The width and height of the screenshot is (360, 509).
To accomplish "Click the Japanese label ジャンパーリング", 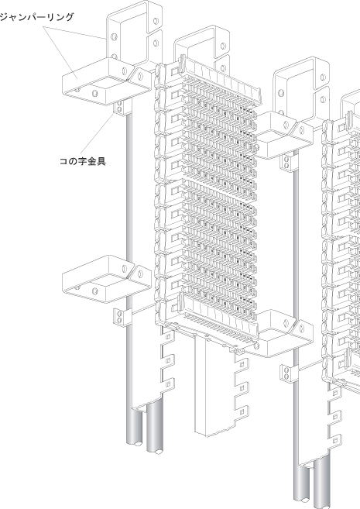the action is tap(36, 17).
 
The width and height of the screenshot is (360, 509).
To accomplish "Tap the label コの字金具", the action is tap(82, 161).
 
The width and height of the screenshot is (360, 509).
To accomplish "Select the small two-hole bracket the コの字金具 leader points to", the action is tap(119, 107).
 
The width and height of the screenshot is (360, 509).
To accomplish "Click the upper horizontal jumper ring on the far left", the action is tap(106, 81).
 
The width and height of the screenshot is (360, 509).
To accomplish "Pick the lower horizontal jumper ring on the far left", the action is tap(106, 279).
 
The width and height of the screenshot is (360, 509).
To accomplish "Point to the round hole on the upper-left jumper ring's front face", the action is tap(94, 94).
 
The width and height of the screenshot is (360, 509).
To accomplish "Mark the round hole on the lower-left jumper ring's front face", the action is tap(94, 291).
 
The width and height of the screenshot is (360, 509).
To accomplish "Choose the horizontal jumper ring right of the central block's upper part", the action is tap(285, 135).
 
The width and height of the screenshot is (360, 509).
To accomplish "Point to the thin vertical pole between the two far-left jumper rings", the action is tap(129, 185).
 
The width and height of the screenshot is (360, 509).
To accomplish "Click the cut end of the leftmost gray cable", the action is tap(138, 443).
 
